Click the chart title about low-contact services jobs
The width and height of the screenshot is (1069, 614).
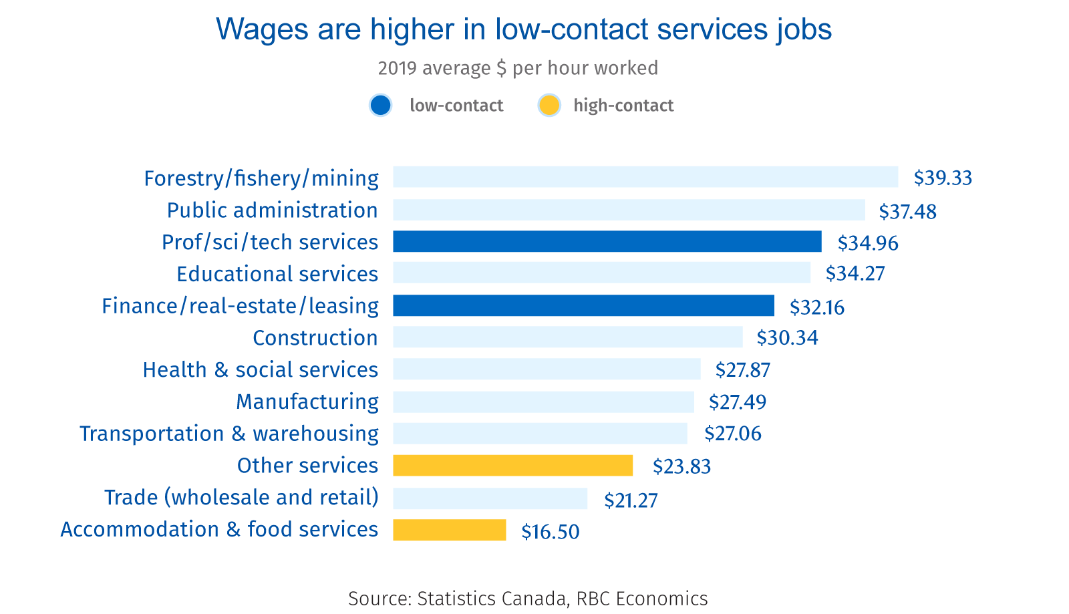tap(524, 29)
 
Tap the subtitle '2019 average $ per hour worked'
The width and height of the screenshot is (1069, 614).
tap(518, 68)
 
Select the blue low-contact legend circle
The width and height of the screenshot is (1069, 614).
tap(380, 106)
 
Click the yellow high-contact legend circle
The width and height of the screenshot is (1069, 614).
tap(549, 106)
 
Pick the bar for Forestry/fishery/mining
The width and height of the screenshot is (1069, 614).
tap(645, 177)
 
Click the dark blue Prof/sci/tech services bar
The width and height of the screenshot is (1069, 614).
tap(607, 241)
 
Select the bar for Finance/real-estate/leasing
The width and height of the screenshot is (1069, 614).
tap(583, 305)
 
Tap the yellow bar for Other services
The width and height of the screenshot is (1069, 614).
tap(512, 466)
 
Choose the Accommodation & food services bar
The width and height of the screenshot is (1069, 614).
tap(449, 530)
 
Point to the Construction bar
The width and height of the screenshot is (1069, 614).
tap(567, 337)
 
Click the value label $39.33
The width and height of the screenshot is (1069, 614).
tap(943, 178)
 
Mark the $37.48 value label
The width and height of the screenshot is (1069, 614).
tap(907, 212)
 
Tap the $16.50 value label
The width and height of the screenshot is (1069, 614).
tap(551, 532)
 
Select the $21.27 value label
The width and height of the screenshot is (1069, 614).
tap(631, 500)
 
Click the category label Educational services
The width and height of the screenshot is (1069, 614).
tap(277, 274)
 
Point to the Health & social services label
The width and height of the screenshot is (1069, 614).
tap(261, 369)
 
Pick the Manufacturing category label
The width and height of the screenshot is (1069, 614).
tap(307, 402)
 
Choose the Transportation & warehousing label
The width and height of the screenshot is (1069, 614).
tap(229, 434)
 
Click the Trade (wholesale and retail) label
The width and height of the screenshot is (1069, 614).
tap(241, 498)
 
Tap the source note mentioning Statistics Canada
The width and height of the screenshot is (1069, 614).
tap(528, 598)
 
